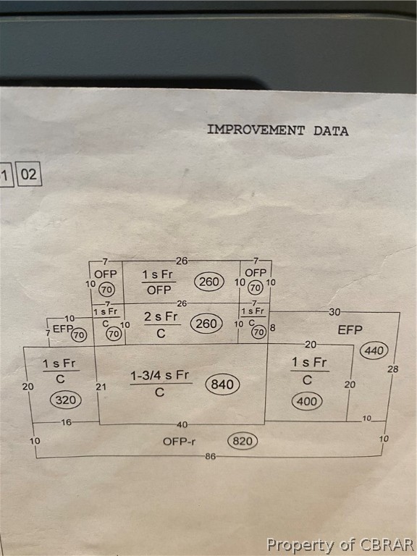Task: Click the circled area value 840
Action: [x=222, y=384]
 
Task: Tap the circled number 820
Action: [x=243, y=441]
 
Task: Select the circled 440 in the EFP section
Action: [x=374, y=350]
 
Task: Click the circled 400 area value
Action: [x=307, y=401]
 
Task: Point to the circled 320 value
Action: [x=66, y=400]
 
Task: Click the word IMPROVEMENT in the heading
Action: [x=256, y=130]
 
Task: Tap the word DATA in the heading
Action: [x=331, y=131]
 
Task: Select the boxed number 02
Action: [x=29, y=174]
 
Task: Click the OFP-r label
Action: [x=179, y=442]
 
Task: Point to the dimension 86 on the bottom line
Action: [x=210, y=456]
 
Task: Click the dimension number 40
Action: [x=182, y=424]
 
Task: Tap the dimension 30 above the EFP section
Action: [x=334, y=312]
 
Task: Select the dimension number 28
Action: [x=392, y=369]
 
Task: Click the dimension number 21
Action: [x=101, y=387]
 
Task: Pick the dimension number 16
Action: [x=67, y=422]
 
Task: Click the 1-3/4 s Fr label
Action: [x=160, y=375]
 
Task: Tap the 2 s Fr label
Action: [x=161, y=316]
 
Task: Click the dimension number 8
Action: [x=272, y=327]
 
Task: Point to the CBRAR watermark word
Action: [x=387, y=544]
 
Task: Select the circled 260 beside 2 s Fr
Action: [x=206, y=324]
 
